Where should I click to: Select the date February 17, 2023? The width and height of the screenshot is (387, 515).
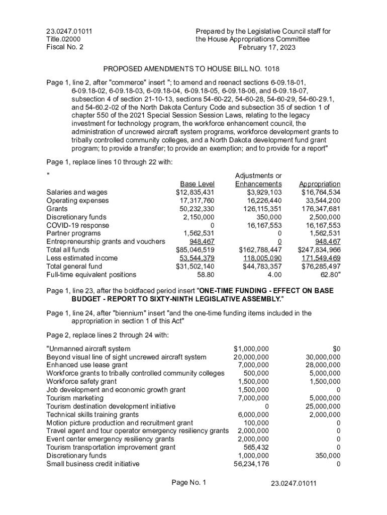pos(267,47)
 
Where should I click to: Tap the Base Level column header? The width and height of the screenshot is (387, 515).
pos(197,184)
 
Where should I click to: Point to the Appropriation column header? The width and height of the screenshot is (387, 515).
pos(320,184)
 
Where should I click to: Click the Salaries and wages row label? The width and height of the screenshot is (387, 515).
pos(76,192)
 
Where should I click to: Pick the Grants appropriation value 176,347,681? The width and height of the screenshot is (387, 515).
pos(321,209)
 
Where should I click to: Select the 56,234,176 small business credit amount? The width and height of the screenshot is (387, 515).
pos(251,464)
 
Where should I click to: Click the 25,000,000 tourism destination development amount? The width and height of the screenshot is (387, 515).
pos(323,406)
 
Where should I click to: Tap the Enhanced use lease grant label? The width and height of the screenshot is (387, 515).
pos(87,365)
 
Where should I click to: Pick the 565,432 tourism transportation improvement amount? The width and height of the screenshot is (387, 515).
pos(256,447)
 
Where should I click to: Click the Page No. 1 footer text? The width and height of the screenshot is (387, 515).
pos(189,483)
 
